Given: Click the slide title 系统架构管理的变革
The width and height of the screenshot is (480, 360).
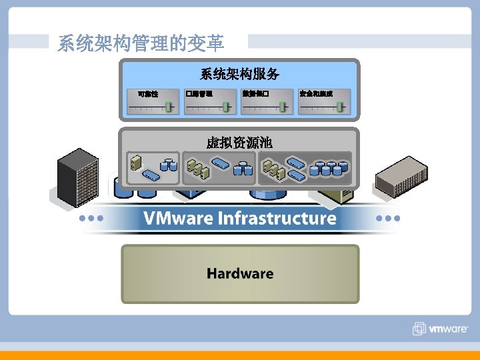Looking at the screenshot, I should (x=141, y=44).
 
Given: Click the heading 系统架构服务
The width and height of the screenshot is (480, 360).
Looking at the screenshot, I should (x=239, y=73).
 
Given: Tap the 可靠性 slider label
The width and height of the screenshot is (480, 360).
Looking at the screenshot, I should (x=147, y=94).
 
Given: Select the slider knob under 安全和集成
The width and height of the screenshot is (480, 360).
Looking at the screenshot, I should (x=340, y=106).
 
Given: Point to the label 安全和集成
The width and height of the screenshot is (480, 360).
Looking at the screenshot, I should (x=316, y=93).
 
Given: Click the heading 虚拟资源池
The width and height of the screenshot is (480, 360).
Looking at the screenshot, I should (x=239, y=143).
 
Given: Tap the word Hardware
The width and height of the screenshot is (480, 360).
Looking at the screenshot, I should (x=240, y=273).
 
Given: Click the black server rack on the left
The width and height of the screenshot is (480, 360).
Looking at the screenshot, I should (x=78, y=177).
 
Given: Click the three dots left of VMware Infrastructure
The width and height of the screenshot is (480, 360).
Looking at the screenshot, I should (x=91, y=218).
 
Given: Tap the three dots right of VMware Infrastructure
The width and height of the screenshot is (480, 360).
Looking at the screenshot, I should (x=388, y=218).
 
